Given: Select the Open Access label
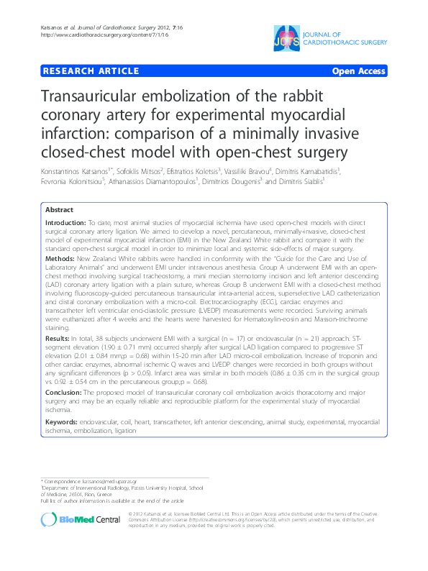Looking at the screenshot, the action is [x=358, y=71].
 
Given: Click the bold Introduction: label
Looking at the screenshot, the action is [x=66, y=224].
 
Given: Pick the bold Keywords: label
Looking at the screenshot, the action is [x=63, y=421].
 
